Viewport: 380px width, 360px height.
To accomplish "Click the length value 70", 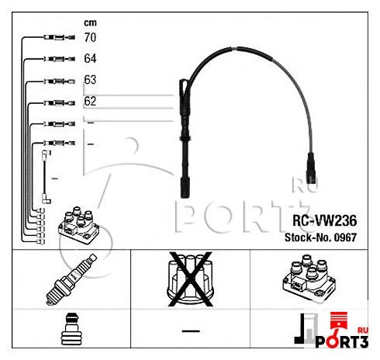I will (90, 36).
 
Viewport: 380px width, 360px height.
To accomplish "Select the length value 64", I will (90, 58).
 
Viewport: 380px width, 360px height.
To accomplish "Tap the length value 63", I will (90, 80).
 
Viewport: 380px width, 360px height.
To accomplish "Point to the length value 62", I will (90, 101).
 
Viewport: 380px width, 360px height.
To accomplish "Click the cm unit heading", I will (90, 22).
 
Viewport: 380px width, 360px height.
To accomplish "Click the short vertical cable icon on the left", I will (46, 178).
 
